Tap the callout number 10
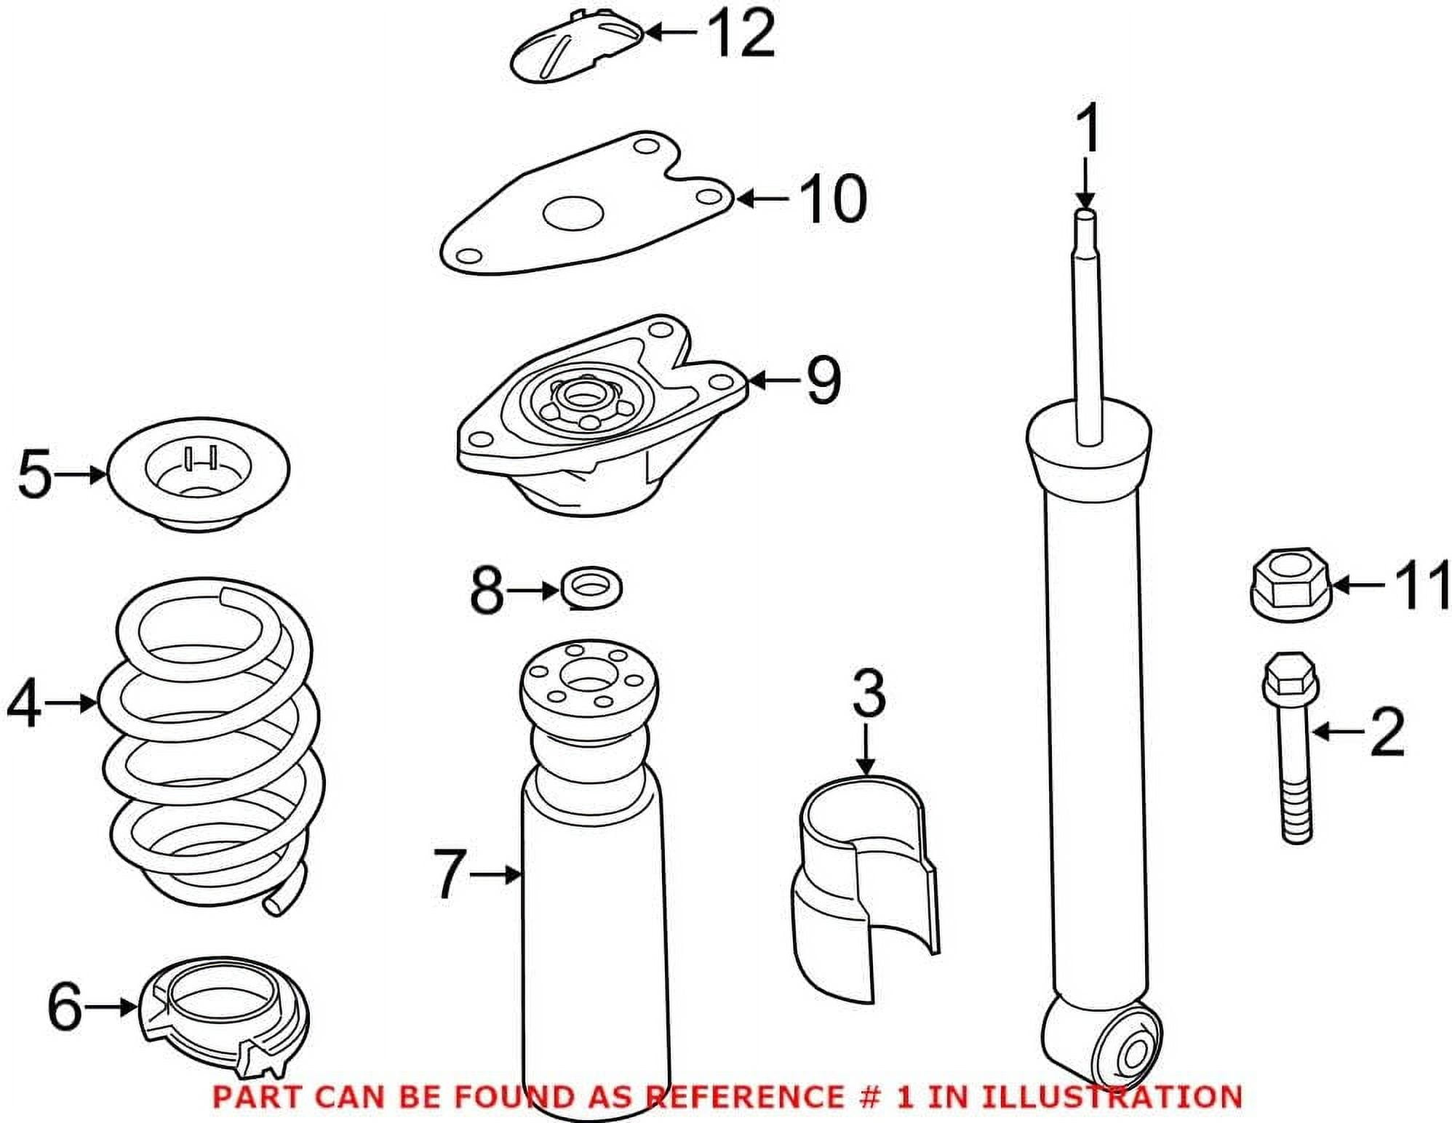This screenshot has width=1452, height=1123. coord(832,198)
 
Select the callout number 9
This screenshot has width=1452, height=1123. coord(823,380)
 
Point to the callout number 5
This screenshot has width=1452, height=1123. coord(35,474)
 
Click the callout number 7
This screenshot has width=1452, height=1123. coord(449,874)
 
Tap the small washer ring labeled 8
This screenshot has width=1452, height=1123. coord(591,588)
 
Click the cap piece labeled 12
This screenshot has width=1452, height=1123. coord(575,45)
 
